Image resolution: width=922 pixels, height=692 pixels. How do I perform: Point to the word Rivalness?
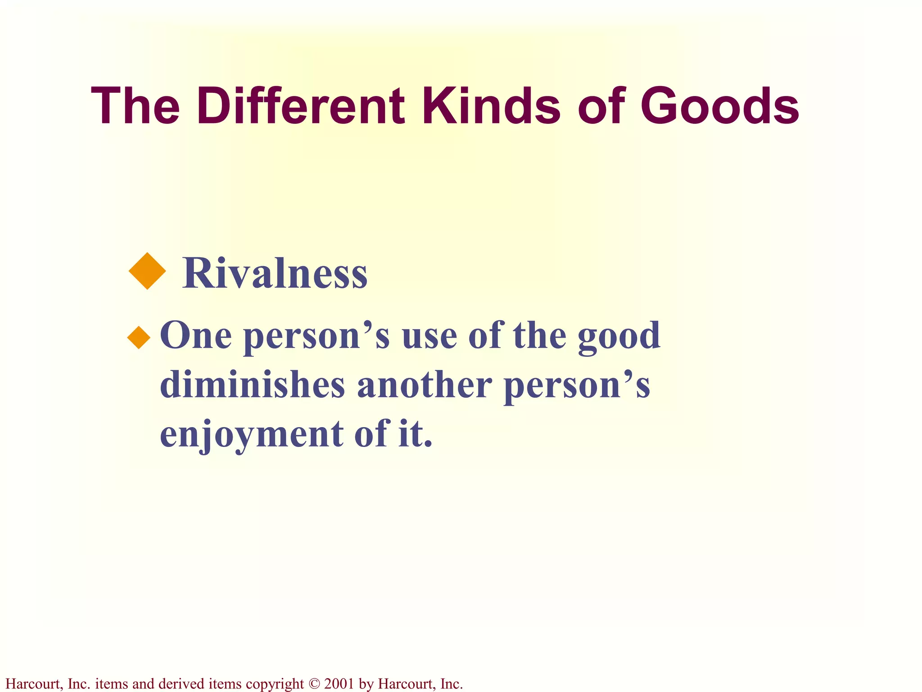[275, 273]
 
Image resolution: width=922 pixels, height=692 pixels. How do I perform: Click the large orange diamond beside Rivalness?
[147, 271]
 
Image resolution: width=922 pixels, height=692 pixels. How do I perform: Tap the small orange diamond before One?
[139, 337]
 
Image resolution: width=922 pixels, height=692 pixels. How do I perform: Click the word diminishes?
[253, 385]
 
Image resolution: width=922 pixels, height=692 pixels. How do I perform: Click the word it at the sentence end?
[414, 434]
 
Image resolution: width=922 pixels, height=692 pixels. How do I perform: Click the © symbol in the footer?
[314, 684]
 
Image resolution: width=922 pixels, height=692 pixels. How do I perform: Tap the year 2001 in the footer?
[339, 684]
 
